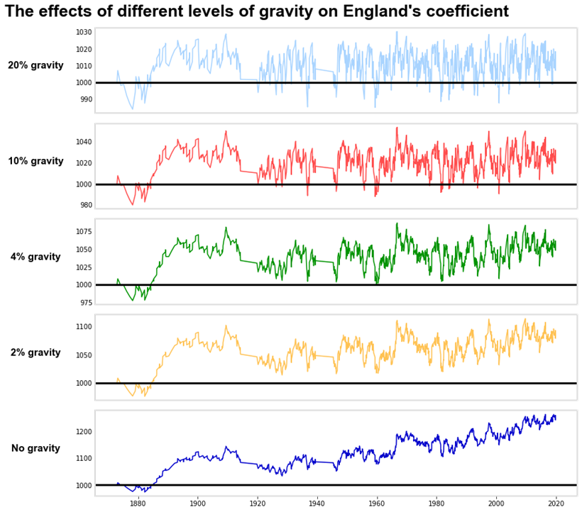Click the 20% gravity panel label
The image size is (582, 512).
35,65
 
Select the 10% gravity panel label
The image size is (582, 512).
35,161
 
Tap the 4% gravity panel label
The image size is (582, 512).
35,257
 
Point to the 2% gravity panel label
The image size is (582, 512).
35,352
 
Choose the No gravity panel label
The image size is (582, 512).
35,448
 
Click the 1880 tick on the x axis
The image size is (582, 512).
138,503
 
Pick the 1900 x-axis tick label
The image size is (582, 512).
197,503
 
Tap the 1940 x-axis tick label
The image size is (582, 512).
317,503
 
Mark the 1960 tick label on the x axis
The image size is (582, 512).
377,503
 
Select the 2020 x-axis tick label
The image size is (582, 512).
556,503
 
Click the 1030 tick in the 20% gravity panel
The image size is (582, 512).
84,33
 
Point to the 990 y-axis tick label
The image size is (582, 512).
86,99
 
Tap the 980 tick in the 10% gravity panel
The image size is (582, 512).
86,205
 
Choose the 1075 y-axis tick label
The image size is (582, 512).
84,232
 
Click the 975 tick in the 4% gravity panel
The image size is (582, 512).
86,303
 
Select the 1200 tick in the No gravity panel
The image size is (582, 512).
84,431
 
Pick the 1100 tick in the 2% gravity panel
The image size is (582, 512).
84,327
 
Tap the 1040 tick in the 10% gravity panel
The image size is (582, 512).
84,142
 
